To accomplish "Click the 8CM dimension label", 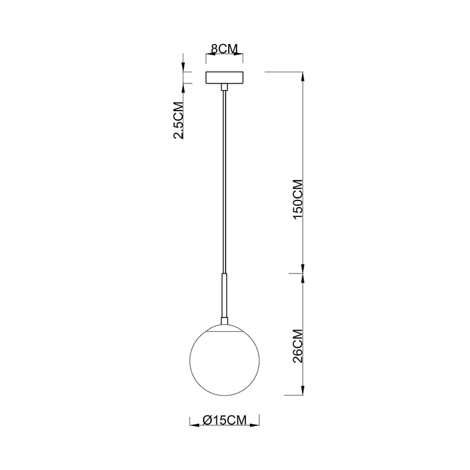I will coord(223,49).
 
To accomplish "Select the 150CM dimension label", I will coord(297,199).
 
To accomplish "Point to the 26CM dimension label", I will coord(297,346).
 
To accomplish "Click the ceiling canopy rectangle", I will coord(224,78).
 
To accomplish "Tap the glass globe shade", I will coord(224,361).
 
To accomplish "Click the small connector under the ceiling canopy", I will coord(224,87).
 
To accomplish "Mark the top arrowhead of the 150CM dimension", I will coord(303,76).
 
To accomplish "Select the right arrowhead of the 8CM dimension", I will coord(241,56).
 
